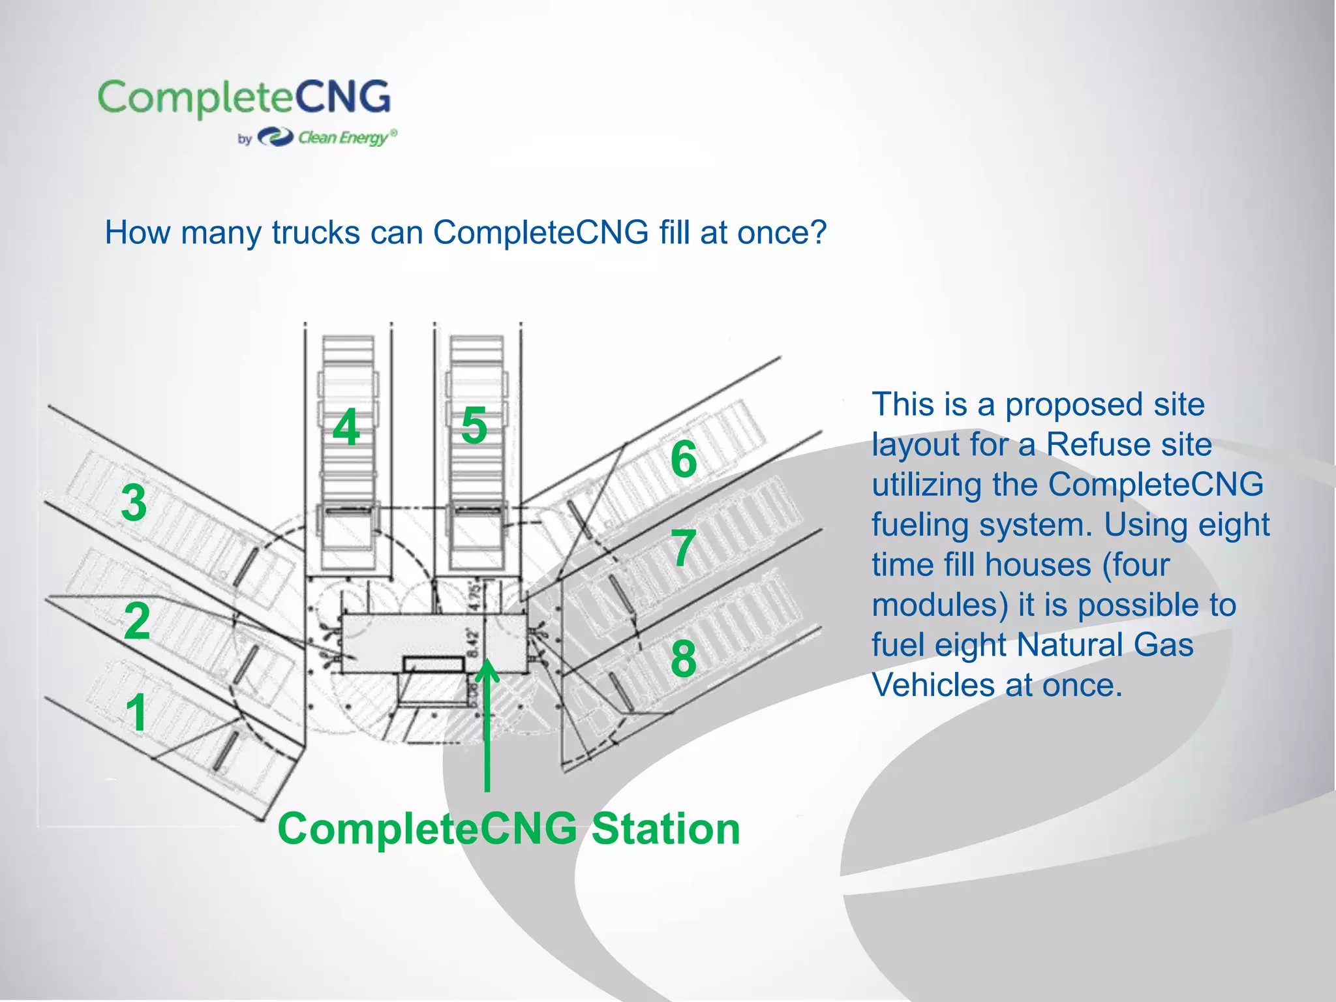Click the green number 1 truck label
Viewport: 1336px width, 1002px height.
pos(136,712)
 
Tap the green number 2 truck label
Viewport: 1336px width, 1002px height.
pos(137,621)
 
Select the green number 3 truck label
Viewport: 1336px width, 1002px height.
pos(134,503)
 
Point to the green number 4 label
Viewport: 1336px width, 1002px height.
pos(346,427)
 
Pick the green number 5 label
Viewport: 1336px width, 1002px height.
pos(474,425)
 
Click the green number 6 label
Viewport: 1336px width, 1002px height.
pos(684,459)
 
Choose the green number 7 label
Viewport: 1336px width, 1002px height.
pos(684,548)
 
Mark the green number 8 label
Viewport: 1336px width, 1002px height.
pos(684,658)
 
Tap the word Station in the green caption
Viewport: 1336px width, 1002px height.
pos(665,829)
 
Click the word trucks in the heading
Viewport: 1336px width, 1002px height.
pos(316,232)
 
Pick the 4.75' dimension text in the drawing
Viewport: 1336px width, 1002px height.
pos(475,594)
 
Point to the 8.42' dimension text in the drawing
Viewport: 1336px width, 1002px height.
pos(474,644)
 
